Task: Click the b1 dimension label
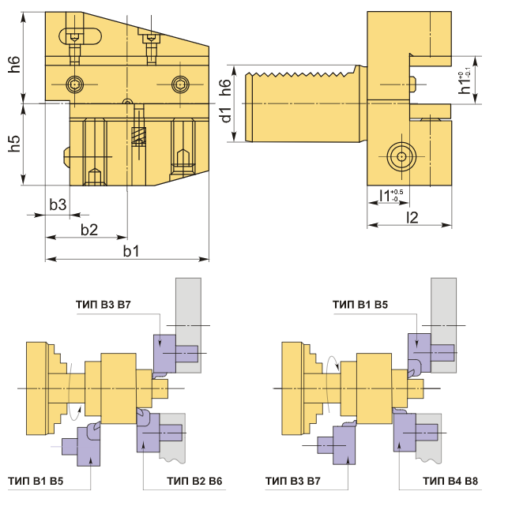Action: click(x=130, y=251)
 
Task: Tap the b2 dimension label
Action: click(x=89, y=230)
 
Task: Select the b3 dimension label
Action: click(x=58, y=204)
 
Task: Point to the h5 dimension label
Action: click(x=14, y=144)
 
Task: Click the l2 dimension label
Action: click(x=412, y=217)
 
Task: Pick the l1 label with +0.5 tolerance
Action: click(x=391, y=195)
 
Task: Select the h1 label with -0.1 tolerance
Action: click(x=465, y=81)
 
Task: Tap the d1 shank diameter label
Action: click(x=226, y=114)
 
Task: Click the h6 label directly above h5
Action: click(x=14, y=65)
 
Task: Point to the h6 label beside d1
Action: click(x=225, y=88)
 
